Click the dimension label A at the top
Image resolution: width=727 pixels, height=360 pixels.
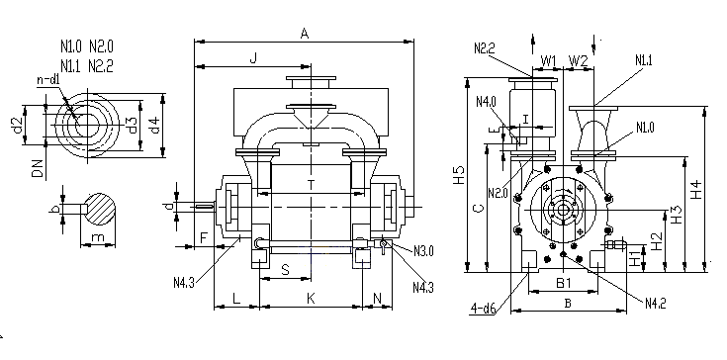coord(305,34)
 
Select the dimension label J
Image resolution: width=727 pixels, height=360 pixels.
coord(253,58)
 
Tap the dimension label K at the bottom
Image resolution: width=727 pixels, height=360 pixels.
coord(311,299)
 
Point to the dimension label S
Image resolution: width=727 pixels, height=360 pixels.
coord(286,270)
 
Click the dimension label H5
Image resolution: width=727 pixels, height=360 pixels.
coord(459,175)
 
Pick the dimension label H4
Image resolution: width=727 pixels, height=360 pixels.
coord(696,190)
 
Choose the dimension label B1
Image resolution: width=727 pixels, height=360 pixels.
coord(564,283)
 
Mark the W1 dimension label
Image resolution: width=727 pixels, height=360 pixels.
coord(549,60)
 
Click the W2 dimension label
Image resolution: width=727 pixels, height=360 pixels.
coord(579,60)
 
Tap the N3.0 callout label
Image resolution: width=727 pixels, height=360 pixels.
coord(423,251)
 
